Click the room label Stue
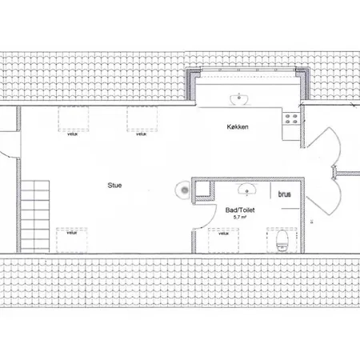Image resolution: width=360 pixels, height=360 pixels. click(x=115, y=185)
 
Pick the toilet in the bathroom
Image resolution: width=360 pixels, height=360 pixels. click(x=281, y=239)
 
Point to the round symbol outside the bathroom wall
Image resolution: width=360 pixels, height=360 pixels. click(x=184, y=190)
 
